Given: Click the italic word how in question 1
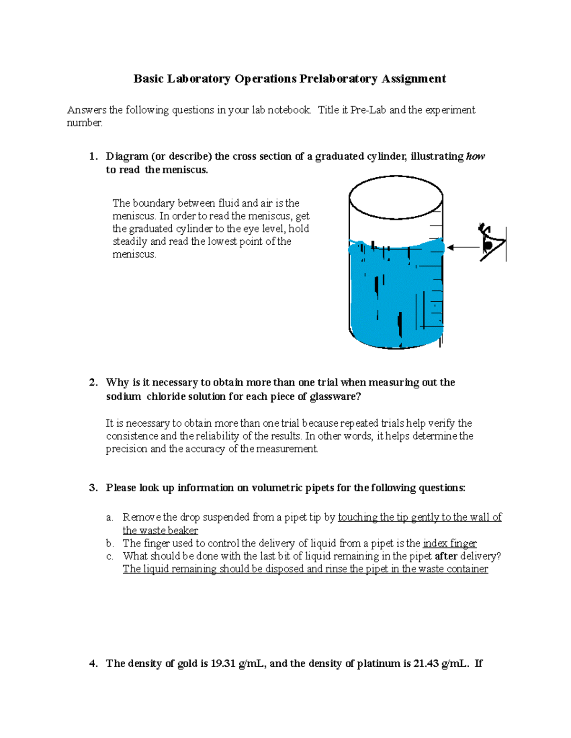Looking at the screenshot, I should (475, 156).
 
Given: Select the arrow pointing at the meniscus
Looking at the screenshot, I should (463, 247).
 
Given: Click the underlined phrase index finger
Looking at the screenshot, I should (450, 543).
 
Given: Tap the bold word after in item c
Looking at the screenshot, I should (446, 556).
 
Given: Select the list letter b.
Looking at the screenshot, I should (109, 543).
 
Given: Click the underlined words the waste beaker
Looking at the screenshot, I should (160, 530).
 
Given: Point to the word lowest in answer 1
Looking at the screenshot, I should (228, 241).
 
